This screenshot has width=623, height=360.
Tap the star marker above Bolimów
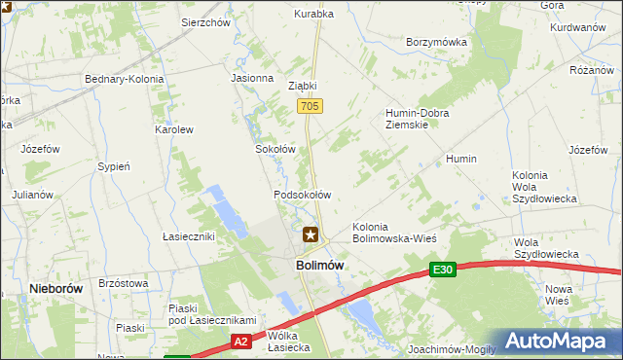(x=311, y=234)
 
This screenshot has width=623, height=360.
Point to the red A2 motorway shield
(x=241, y=342)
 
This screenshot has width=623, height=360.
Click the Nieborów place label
(x=55, y=289)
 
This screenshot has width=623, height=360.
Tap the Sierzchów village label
(x=204, y=20)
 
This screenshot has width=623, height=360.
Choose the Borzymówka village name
(x=436, y=43)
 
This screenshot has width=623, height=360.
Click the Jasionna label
(x=251, y=78)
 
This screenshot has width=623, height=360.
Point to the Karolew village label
(x=175, y=129)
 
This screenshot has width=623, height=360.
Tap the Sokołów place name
(x=275, y=150)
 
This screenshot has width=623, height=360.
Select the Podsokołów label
(x=303, y=195)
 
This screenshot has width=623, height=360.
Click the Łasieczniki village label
(x=188, y=236)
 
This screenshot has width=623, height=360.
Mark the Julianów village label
(x=31, y=195)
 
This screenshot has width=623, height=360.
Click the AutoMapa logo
(x=558, y=342)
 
